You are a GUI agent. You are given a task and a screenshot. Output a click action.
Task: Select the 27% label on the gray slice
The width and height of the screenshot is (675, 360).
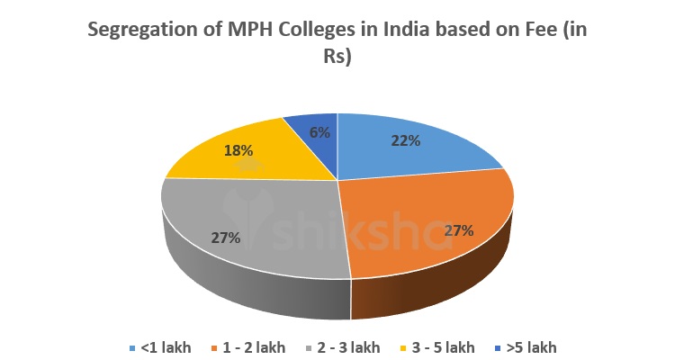[226, 238]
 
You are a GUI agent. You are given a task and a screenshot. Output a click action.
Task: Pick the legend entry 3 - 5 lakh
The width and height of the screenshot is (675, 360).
[441, 347]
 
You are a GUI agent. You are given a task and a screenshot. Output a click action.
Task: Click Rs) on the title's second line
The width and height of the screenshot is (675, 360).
[337, 57]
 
